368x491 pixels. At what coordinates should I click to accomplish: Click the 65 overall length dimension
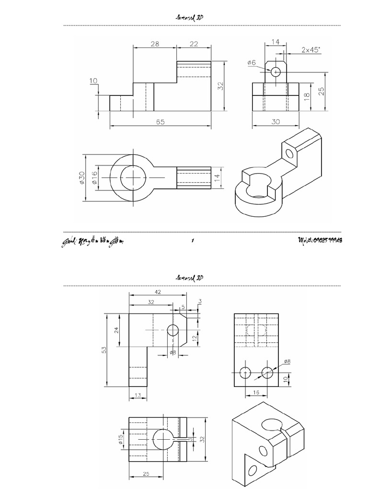tap(160, 122)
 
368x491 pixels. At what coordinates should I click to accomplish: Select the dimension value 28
tap(154, 44)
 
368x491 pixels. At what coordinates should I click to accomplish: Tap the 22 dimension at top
tap(194, 44)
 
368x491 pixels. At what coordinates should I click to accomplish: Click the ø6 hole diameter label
tap(252, 62)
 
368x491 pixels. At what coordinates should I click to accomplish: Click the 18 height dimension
tap(307, 97)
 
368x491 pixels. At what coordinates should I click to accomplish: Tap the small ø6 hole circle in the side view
tap(276, 72)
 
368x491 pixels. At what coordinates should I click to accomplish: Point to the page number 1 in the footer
tap(192, 241)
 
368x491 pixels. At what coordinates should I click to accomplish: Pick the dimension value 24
tap(116, 330)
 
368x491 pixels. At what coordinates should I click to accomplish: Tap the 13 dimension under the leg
tap(138, 395)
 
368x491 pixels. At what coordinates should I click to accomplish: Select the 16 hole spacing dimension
tap(256, 392)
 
